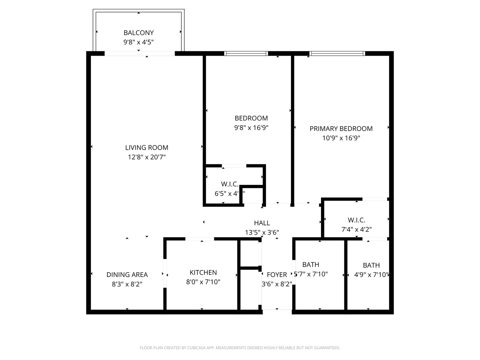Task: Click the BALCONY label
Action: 138,33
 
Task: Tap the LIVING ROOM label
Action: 147,148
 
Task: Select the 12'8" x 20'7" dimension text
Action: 147,157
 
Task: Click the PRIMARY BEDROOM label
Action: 341,129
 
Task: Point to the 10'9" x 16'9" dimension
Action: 341,138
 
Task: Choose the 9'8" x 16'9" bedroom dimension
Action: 251,127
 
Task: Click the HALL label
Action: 262,223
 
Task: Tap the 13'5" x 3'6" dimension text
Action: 262,232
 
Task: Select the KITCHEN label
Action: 203,273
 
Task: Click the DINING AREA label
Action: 127,275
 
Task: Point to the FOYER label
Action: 277,275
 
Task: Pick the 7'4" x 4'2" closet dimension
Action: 356,229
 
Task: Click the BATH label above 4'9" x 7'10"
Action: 371,265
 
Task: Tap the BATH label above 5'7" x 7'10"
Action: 311,265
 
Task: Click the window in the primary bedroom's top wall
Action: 337,53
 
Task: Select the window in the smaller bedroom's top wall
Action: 246,53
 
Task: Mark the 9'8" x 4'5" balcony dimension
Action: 138,42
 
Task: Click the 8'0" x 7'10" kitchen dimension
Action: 203,282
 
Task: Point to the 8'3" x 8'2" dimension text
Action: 127,284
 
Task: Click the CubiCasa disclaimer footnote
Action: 240,348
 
